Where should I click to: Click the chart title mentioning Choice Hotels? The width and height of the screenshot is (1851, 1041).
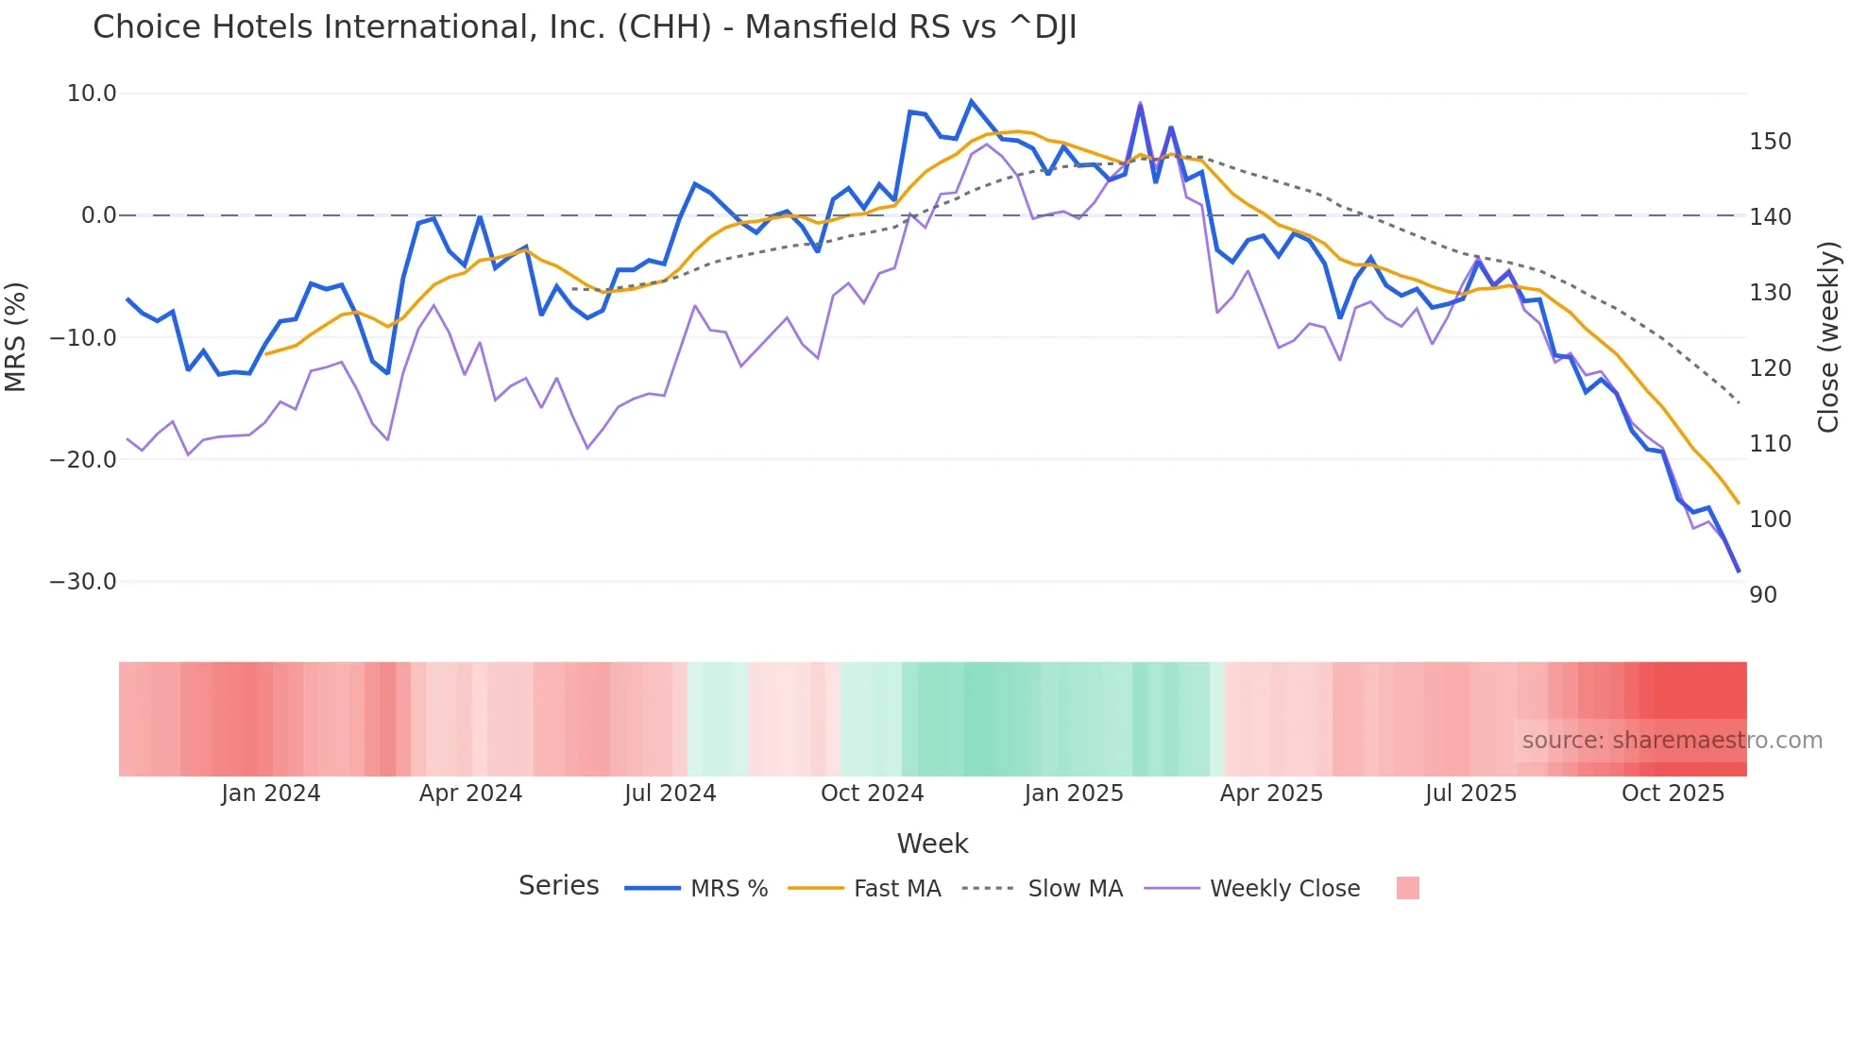585,27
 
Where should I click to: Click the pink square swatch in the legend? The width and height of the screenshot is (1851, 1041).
1407,888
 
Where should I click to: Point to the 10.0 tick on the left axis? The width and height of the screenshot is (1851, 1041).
92,94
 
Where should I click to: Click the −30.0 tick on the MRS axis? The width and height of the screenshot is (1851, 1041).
83,582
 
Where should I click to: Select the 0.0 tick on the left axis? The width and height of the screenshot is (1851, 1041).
98,215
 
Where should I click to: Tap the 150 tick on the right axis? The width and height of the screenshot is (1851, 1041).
1770,142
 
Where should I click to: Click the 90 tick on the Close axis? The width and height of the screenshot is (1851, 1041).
1763,595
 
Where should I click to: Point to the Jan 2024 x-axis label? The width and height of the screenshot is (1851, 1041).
271,794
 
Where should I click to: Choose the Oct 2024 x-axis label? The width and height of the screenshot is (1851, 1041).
872,794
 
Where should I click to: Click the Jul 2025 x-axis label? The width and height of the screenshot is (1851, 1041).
1470,794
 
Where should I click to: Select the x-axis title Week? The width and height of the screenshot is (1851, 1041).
932,844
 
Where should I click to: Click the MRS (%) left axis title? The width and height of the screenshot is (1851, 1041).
16,336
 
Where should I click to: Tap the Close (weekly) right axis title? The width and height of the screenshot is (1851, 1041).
1829,336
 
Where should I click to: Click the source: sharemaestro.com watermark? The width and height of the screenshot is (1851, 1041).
1672,741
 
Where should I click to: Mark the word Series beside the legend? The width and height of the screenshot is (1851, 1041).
558,886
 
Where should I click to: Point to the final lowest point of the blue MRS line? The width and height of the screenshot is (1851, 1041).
1739,572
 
